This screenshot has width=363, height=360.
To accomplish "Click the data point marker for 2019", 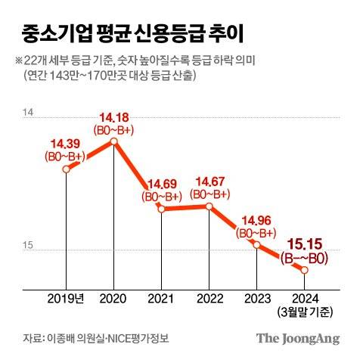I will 66,170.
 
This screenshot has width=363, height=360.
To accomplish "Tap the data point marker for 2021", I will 162,209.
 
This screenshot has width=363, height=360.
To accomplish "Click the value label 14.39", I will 66,144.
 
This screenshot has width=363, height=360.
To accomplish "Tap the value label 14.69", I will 162,183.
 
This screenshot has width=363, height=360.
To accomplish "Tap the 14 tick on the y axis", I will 29,112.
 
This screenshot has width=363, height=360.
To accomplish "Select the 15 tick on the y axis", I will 29,244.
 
